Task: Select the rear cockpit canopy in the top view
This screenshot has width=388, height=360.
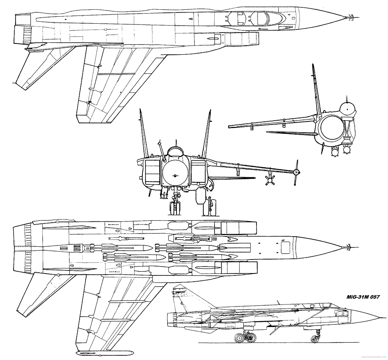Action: pyautogui.click(x=237, y=17)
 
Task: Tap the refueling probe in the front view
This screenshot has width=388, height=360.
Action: pyautogui.click(x=162, y=149)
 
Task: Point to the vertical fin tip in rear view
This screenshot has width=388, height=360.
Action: pyautogui.click(x=312, y=66)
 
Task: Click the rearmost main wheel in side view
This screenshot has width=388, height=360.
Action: pyautogui.click(x=240, y=339)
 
